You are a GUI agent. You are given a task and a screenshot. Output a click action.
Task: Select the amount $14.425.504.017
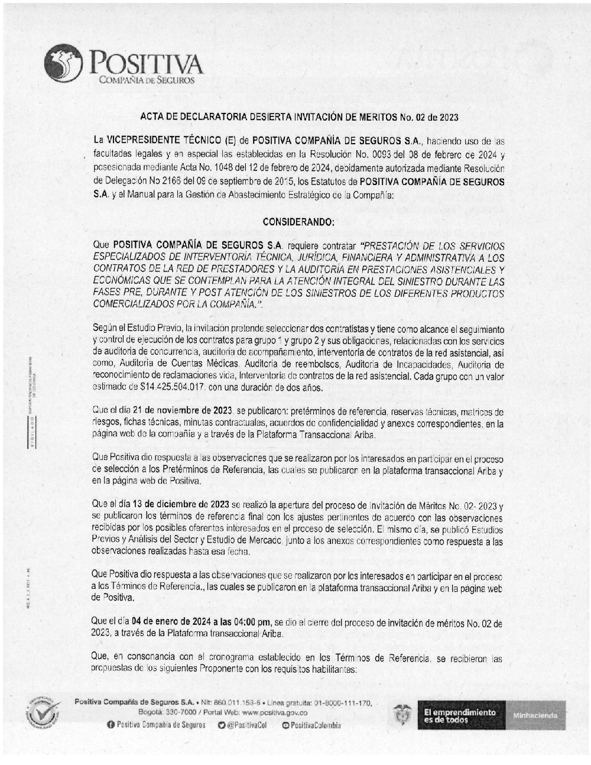(x=171, y=388)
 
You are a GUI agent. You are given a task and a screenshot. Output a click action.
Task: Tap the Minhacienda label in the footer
(x=536, y=715)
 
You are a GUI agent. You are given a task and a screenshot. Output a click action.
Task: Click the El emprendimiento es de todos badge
(x=459, y=715)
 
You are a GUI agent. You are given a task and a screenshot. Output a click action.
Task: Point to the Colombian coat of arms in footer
(x=402, y=715)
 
